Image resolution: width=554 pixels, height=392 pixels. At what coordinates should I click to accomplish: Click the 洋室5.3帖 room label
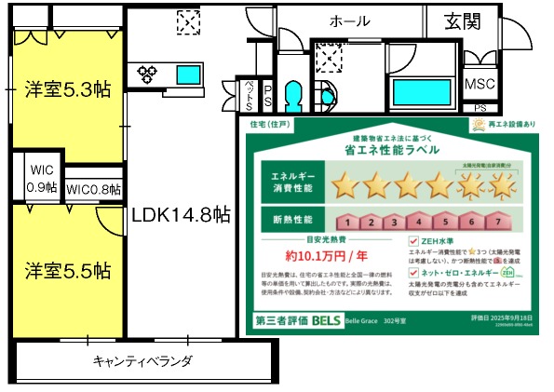pos(67,89)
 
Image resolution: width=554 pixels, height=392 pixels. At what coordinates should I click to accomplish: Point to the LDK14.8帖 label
pos(181,215)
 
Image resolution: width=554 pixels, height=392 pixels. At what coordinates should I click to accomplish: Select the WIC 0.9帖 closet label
pos(43,178)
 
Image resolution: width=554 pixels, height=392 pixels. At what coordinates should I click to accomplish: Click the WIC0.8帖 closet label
pos(94,190)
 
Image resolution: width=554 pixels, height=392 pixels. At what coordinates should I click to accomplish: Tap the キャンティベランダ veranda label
pos(142,360)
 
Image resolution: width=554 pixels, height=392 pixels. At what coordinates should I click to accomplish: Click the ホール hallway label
pos(349,21)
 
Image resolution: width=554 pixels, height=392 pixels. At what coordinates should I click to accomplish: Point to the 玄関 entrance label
pos(463,20)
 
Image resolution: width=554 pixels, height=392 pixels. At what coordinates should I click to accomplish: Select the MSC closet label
pos(480,83)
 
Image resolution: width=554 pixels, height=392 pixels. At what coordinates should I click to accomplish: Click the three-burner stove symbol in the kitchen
pos(150,73)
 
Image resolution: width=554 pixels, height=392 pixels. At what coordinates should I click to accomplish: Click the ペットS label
pos(249,93)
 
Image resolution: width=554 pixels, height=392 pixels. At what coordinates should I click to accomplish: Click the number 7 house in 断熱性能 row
pos(501,222)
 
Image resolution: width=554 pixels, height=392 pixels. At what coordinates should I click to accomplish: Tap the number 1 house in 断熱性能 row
pos(344,222)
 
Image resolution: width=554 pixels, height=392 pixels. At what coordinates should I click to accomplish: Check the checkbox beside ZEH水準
pos(413,240)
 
